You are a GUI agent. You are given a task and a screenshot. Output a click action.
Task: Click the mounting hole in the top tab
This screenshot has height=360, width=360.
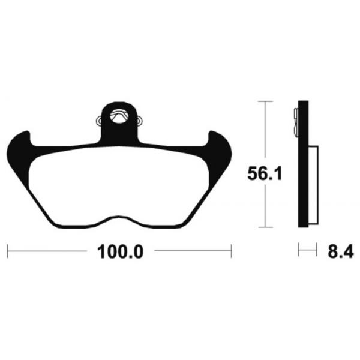coord(120,115)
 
